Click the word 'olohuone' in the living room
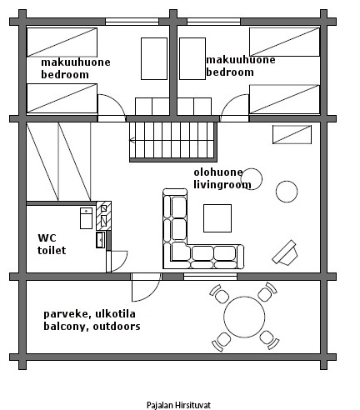218,172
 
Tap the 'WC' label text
47,238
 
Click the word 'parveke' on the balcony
66,314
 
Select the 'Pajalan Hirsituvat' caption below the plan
178,405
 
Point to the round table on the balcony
244,317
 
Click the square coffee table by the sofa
217,218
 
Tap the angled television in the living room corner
285,252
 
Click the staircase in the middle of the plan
173,142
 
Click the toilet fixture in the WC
86,218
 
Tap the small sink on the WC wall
100,240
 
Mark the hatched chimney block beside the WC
103,216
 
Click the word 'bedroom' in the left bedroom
65,75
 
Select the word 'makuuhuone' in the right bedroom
241,60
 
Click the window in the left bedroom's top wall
132,22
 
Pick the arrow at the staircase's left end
132,140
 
